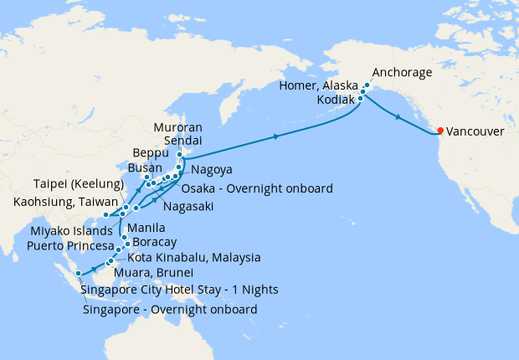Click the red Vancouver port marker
click(440, 131)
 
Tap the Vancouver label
click(474, 132)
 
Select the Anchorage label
click(403, 73)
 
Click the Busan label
click(145, 167)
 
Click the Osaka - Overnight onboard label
click(257, 188)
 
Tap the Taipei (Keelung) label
click(79, 184)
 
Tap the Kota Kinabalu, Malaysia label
click(194, 258)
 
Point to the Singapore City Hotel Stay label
click(180, 291)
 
